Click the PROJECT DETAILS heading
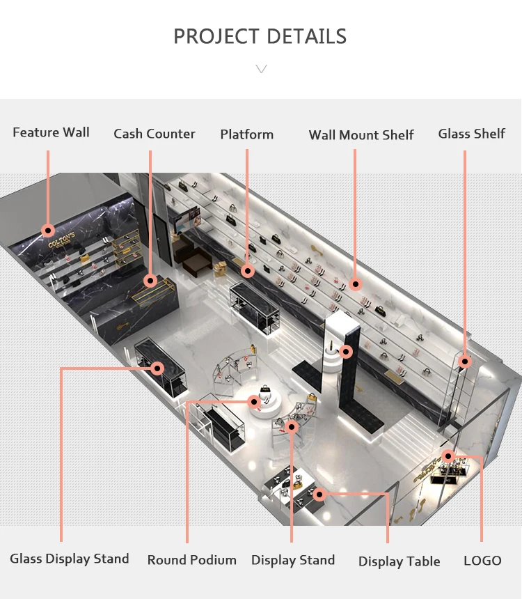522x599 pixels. [x=260, y=36]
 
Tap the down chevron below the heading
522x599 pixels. [x=261, y=68]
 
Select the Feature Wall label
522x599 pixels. [x=51, y=132]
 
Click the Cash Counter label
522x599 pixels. [x=155, y=134]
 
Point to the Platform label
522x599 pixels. [x=247, y=134]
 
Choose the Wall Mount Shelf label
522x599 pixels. [x=361, y=135]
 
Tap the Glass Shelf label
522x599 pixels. [x=471, y=134]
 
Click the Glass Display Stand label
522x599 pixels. [x=70, y=559]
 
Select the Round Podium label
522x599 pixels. [x=192, y=560]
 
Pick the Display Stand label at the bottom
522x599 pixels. [x=293, y=560]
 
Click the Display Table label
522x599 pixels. [x=400, y=561]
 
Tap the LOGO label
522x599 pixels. [x=482, y=561]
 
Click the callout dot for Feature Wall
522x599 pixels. [x=48, y=230]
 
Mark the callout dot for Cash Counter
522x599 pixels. [x=150, y=281]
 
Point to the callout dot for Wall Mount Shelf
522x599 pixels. [x=356, y=284]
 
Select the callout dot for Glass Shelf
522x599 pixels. [x=465, y=361]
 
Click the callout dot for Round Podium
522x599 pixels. [x=255, y=402]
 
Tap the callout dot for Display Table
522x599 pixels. [x=319, y=495]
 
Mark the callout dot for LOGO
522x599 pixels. [x=449, y=457]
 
